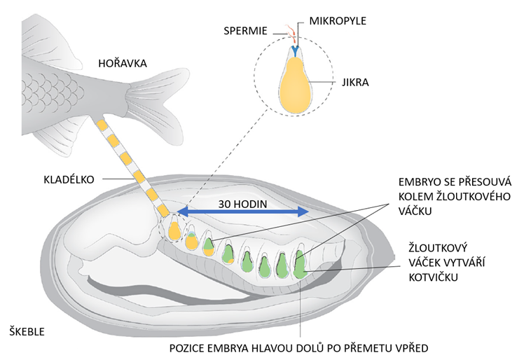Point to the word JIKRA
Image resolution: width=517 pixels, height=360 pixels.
point(354,83)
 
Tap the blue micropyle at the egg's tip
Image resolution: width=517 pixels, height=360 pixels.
point(296,51)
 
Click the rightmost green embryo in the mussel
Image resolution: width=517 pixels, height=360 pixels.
point(299,267)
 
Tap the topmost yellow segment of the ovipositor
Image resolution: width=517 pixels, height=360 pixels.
point(103,127)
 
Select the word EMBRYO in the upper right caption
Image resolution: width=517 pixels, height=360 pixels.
point(415,181)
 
